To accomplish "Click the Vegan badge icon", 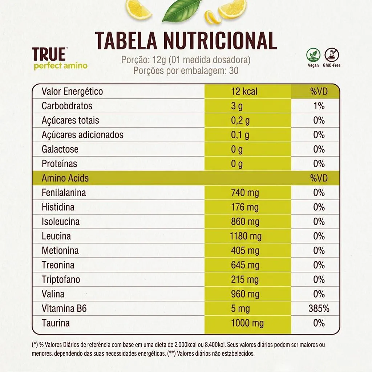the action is (313, 55).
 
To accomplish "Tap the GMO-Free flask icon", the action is (332, 55).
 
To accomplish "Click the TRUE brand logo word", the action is (49, 54).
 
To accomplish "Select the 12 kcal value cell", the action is (244, 91).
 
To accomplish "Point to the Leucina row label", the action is (56, 236).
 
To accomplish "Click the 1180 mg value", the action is (246, 236).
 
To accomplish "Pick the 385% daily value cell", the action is (319, 308).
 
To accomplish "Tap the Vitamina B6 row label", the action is (64, 308).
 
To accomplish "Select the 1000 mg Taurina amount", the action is (247, 323).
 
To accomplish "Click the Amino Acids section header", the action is (65, 178).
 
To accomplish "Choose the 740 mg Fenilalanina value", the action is (245, 193).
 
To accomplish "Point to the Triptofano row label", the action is (61, 279).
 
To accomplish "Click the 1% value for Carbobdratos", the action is (319, 106).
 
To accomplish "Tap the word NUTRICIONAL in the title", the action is (220, 40).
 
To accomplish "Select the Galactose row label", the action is (60, 149).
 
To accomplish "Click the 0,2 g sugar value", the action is (240, 121).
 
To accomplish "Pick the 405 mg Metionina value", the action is (245, 251).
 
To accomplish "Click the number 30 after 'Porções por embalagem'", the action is (234, 71).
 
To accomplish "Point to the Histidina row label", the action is (58, 207).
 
